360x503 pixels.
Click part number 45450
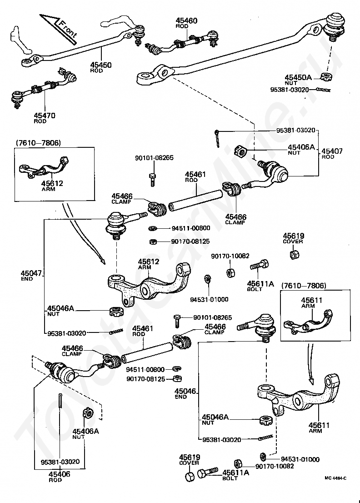pyautogui.click(x=100, y=65)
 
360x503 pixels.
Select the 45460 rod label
pyautogui.click(x=186, y=23)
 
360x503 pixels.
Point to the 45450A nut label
pyautogui.click(x=298, y=80)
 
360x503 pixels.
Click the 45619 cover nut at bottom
pyautogui.click(x=190, y=476)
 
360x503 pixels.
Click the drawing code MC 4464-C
pyautogui.click(x=335, y=478)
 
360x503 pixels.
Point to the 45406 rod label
pyautogui.click(x=59, y=476)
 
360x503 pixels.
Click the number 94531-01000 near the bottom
pyautogui.click(x=300, y=459)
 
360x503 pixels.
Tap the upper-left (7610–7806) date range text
pyautogui.click(x=38, y=143)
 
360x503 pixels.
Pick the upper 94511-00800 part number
pyautogui.click(x=191, y=228)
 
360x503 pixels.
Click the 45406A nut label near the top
pyautogui.click(x=301, y=149)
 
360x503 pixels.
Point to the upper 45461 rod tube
pyautogui.click(x=195, y=201)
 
